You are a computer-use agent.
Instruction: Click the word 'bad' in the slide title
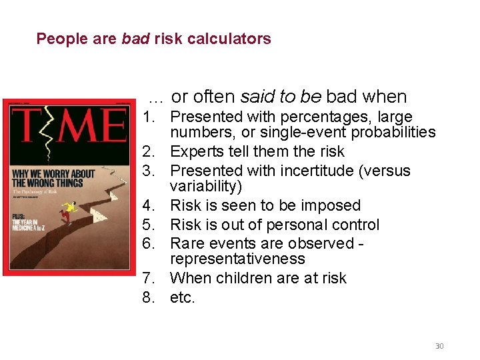(x=135, y=39)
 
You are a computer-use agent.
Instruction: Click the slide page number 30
(x=439, y=345)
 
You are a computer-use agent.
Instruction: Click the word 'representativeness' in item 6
(x=237, y=259)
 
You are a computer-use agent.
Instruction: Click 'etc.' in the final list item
(x=183, y=297)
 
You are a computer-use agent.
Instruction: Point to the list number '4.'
(x=149, y=205)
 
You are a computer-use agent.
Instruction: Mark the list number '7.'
(x=149, y=278)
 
